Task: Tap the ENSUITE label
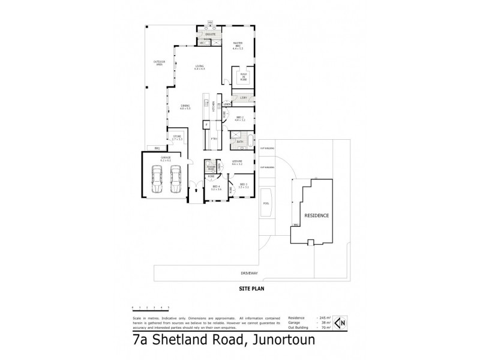pos(211,35)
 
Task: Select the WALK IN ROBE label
pos(244,77)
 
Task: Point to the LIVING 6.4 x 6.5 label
pos(199,67)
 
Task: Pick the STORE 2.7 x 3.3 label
pos(177,138)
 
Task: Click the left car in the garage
pos(156,179)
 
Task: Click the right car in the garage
pos(176,179)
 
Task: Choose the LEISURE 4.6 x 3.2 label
pos(238,163)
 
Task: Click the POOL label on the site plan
pos(266,203)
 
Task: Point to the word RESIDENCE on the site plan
pos(316,215)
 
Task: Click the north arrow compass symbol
pos(340,323)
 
